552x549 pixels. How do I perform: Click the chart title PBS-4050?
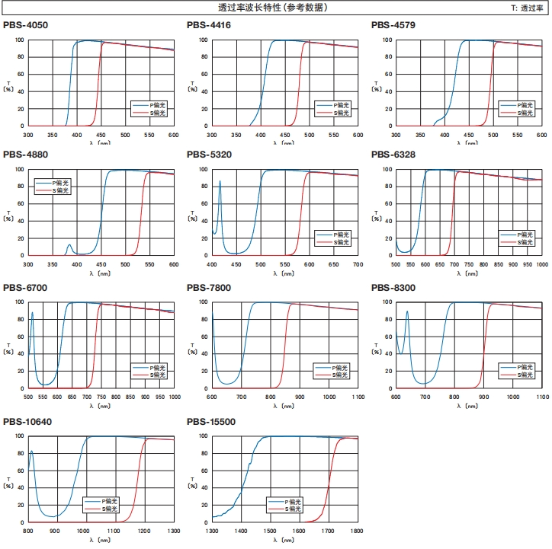25,25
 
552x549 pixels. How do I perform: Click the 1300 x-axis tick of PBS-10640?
174,530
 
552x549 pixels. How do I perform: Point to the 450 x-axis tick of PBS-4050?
101,134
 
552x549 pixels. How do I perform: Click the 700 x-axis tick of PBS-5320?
358,265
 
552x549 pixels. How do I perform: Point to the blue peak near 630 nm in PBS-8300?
407,311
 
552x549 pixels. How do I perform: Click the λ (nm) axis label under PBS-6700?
100,405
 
